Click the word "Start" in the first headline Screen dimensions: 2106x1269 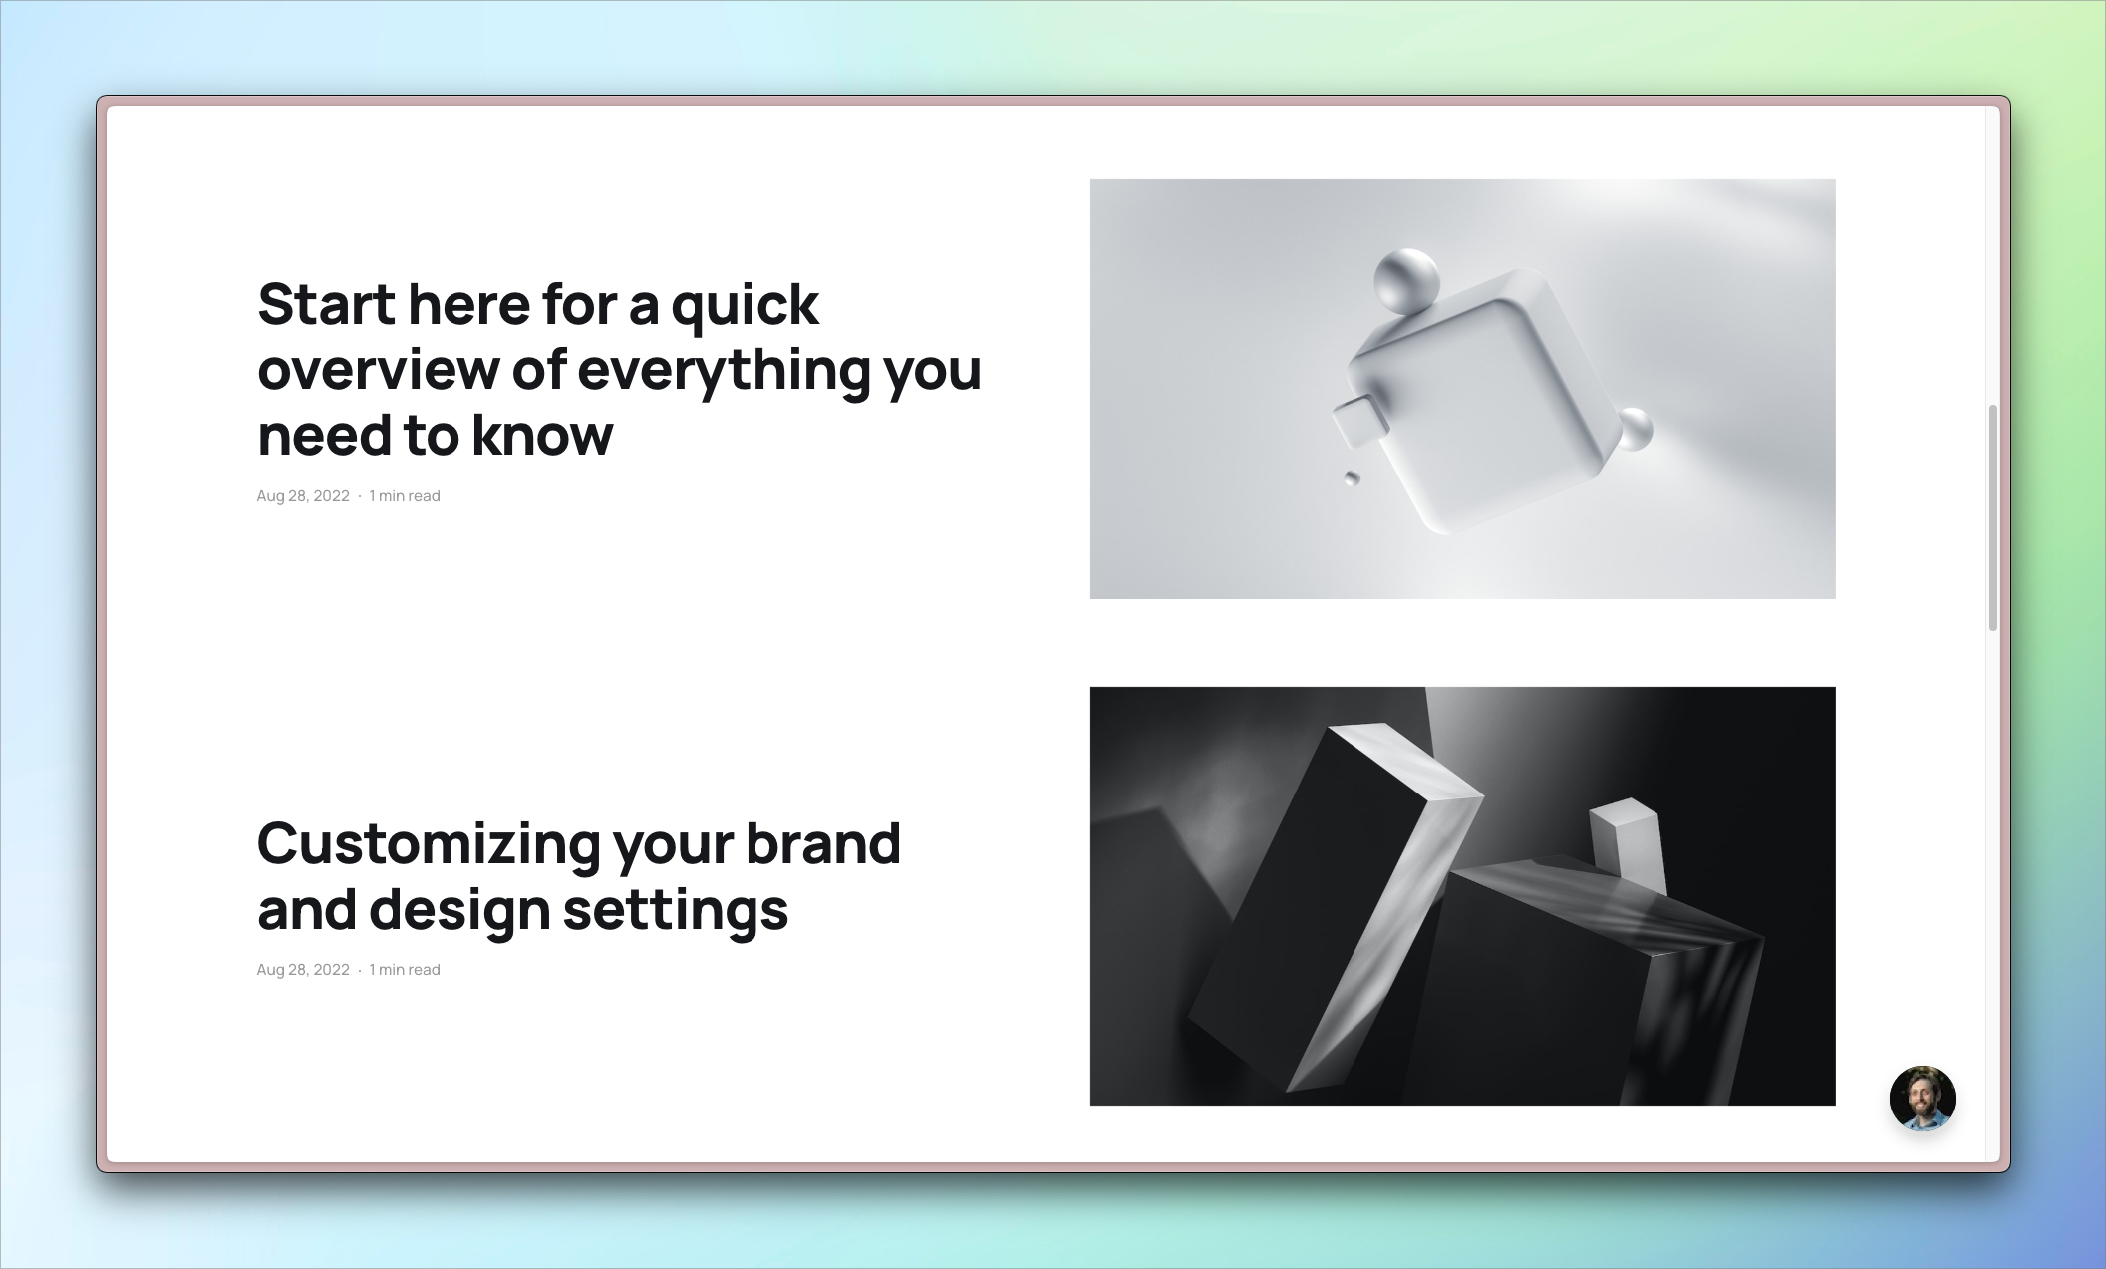point(326,304)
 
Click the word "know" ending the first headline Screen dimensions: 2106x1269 point(541,435)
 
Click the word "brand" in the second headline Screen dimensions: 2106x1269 point(823,843)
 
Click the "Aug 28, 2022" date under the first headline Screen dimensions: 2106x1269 point(303,496)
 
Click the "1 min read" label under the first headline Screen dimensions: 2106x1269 point(405,496)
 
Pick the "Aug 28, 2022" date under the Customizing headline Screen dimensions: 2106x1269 point(303,970)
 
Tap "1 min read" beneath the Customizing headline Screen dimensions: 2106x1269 point(405,970)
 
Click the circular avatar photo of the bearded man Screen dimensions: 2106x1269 point(1922,1098)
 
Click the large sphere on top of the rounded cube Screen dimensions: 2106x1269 point(1406,280)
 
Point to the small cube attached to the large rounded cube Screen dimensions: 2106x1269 point(1360,422)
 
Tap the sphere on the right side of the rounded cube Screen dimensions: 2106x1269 point(1633,430)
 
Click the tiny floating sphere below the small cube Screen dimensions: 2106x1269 point(1352,478)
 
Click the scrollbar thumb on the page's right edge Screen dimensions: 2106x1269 point(1992,517)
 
